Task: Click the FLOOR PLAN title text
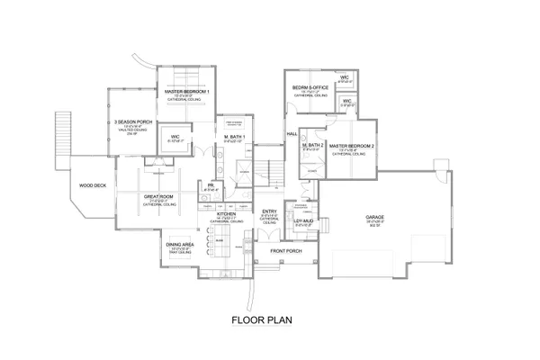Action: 269,319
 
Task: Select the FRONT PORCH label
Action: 286,250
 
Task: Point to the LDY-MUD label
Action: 303,220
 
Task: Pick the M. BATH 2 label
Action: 312,145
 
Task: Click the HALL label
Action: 292,133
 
